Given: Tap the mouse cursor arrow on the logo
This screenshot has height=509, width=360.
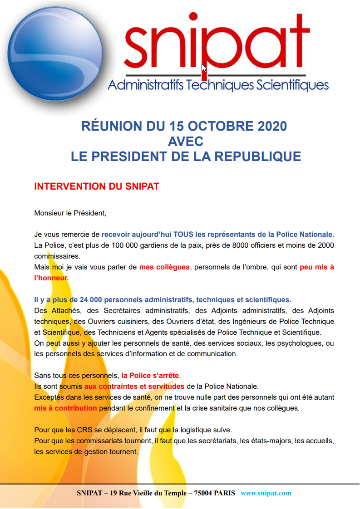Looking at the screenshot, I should tap(204, 68).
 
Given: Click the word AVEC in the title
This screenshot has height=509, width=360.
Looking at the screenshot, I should tap(185, 141).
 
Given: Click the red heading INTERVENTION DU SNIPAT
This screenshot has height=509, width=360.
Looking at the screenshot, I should tap(97, 186).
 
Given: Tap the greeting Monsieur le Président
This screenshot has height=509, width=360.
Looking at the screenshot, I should tap(70, 212).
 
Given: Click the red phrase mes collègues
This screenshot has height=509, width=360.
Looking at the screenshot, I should tap(164, 267).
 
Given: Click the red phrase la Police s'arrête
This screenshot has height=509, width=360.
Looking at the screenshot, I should tap(150, 376).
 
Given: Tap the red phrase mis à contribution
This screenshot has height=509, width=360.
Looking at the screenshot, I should tap(65, 408).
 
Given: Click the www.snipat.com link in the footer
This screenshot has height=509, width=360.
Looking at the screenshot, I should tap(266, 493).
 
